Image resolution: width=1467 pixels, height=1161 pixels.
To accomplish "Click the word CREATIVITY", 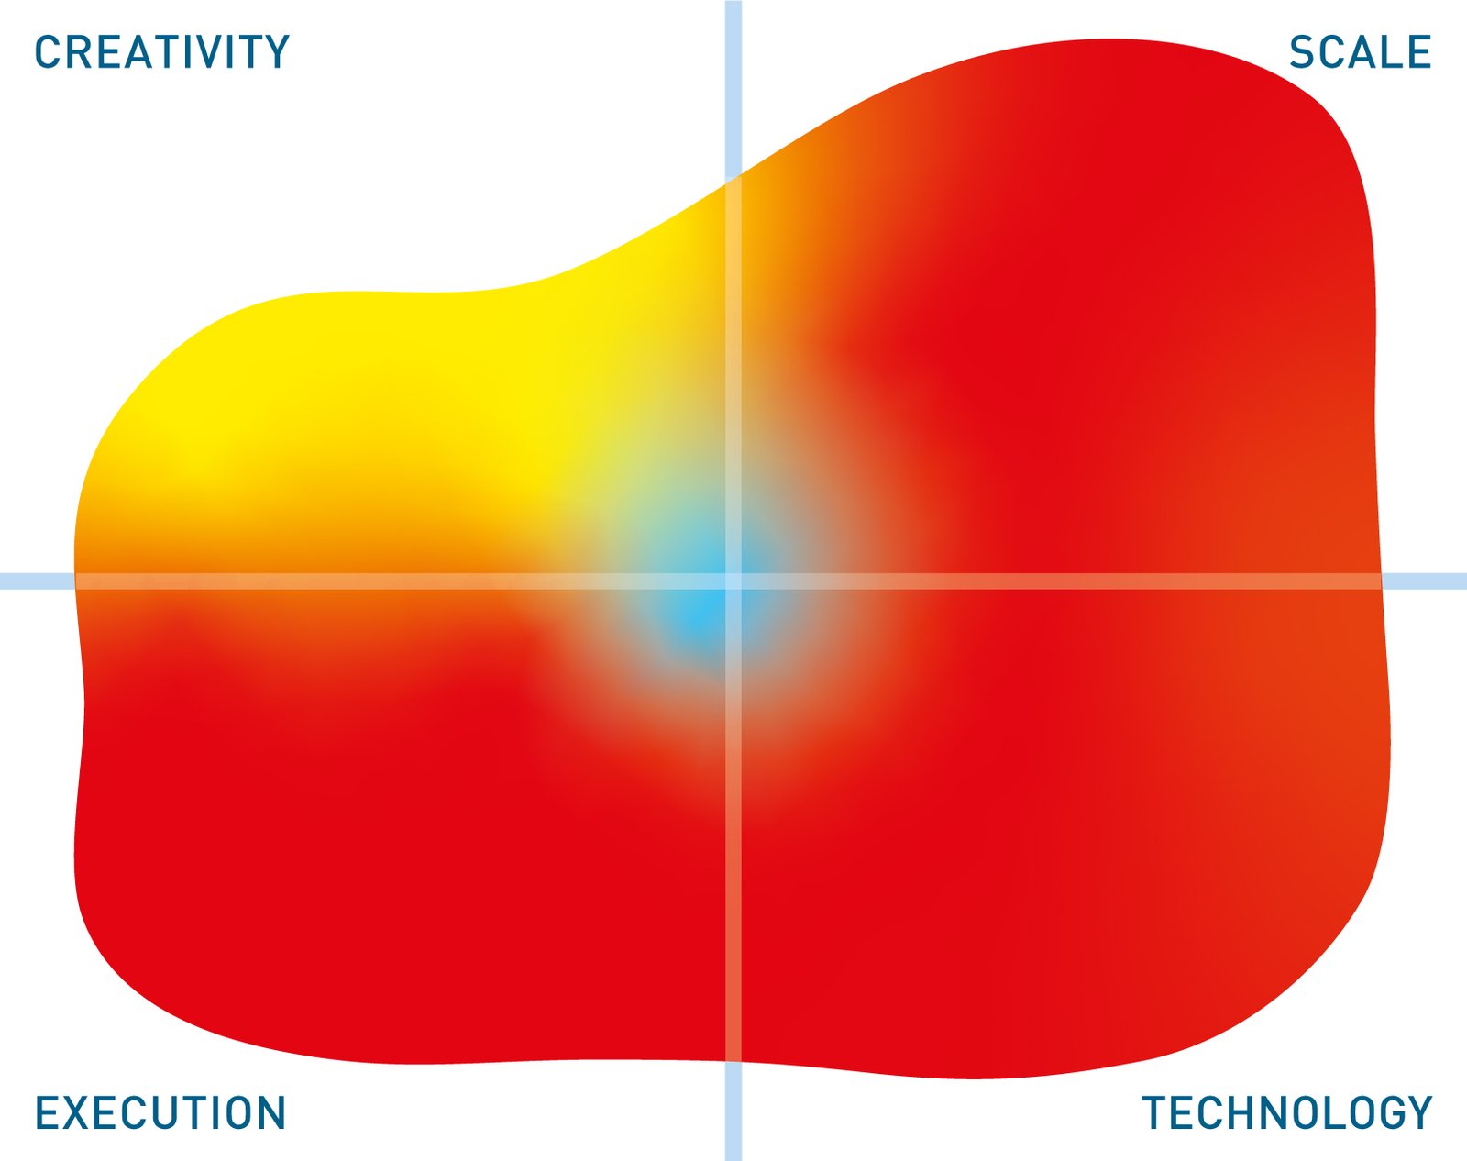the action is point(162,52).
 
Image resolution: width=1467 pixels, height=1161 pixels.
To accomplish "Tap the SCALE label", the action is point(1360,52).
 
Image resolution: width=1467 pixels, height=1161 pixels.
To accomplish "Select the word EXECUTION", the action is point(160,1113).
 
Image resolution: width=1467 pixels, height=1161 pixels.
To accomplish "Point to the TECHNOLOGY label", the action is point(1287,1113).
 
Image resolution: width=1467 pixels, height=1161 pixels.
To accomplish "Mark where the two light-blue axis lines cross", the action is point(733,580).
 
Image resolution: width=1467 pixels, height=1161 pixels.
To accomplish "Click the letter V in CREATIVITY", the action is point(216,52).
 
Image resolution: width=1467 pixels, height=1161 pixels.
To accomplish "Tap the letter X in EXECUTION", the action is point(79,1113).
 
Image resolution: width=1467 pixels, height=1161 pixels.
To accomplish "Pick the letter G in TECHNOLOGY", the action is point(1381,1113).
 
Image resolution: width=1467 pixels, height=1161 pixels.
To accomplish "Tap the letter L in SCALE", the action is point(1387,52).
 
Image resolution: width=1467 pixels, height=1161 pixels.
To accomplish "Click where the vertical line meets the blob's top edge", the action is point(733,180).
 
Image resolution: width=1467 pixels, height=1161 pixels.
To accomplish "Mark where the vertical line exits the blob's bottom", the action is point(733,1061).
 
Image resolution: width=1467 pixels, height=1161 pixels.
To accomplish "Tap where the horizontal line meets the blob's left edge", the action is point(75,580).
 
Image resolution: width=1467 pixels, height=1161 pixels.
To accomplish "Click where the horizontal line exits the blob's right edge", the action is point(1381,580).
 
